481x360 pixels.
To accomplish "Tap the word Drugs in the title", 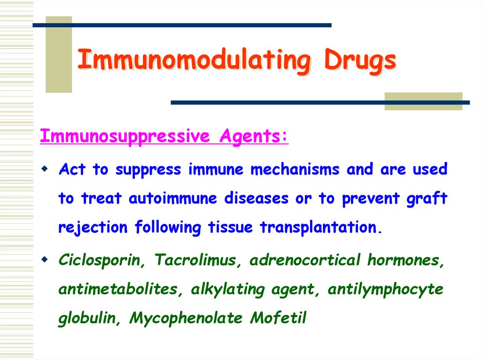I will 359,61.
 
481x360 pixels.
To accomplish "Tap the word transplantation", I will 319,228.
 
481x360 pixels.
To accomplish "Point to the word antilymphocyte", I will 385,290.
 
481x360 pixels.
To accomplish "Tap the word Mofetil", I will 278,318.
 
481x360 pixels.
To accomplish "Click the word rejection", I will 93,228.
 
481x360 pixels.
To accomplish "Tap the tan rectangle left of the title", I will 59,54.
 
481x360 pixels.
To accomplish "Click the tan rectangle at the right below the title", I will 423,101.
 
